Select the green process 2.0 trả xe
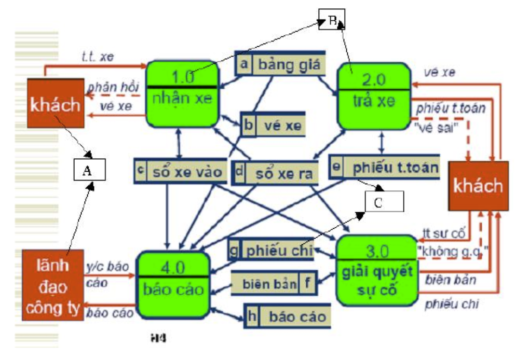(x=373, y=95)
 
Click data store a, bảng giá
(x=280, y=65)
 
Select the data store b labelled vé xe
(x=273, y=125)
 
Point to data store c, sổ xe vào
(x=180, y=171)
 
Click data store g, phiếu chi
(x=272, y=250)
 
